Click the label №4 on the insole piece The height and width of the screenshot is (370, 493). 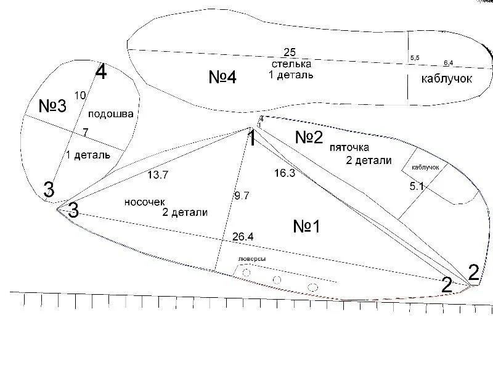[x=222, y=77]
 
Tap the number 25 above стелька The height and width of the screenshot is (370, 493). [x=290, y=52]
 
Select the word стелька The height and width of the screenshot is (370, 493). [x=291, y=64]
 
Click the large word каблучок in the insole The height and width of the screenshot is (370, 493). [x=446, y=79]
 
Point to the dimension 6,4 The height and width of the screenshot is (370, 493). [x=448, y=64]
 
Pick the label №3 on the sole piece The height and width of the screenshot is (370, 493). [x=52, y=106]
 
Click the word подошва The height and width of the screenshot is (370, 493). [x=111, y=114]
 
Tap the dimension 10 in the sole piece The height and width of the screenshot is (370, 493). [x=79, y=95]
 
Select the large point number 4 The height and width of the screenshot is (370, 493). [x=101, y=73]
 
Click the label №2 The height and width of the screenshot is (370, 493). [x=309, y=137]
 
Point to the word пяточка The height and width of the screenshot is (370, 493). [x=349, y=148]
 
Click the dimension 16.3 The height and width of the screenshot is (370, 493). [x=284, y=173]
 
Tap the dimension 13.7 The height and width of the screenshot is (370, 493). [x=158, y=175]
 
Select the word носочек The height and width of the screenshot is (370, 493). [x=144, y=202]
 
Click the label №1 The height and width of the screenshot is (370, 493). [x=306, y=226]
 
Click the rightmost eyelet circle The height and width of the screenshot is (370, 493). [x=312, y=287]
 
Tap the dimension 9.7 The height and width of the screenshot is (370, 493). [x=241, y=196]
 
